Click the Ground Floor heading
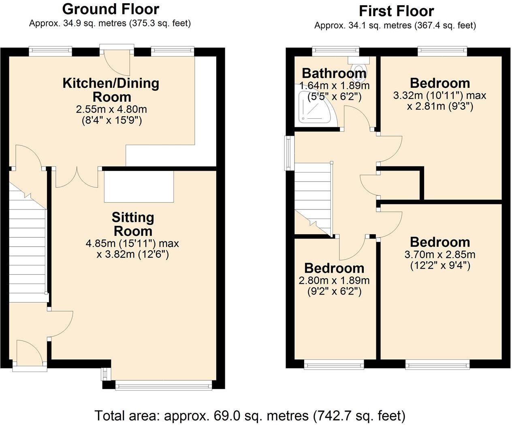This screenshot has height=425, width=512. tap(111, 9)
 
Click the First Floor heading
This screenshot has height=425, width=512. tap(396, 11)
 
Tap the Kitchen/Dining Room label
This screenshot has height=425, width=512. tap(111, 90)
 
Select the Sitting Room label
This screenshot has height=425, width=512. tap(133, 224)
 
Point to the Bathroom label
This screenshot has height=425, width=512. tap(334, 73)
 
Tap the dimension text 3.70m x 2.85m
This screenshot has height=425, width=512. tap(440, 255)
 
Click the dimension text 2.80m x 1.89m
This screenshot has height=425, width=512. tap(334, 280)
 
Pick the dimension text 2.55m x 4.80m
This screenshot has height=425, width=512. tap(111, 109)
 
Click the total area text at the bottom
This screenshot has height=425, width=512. tap(250, 416)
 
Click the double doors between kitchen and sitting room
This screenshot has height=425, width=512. tap(77, 177)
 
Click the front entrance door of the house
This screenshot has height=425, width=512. tap(30, 352)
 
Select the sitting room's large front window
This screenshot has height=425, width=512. tap(164, 385)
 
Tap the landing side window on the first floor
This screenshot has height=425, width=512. tap(288, 153)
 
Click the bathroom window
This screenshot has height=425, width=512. tap(335, 51)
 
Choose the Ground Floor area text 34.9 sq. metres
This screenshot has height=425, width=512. tap(110, 23)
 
